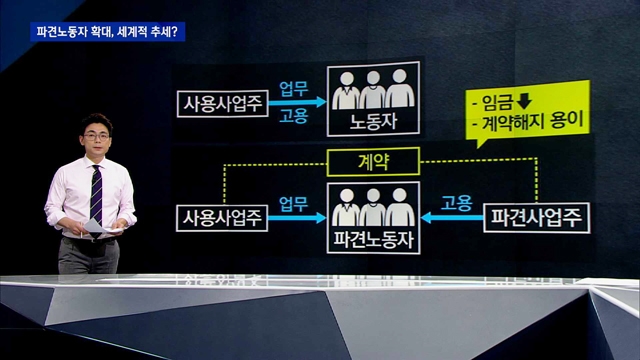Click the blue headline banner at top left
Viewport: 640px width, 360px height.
[108, 32]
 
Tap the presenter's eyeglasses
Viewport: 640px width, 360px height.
[96, 136]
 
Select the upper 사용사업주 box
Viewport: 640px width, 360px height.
[222, 104]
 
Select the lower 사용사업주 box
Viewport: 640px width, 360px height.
[222, 218]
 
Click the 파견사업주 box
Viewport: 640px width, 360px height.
[536, 218]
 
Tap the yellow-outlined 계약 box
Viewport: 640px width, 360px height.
[373, 162]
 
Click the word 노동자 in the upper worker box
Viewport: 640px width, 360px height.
[373, 122]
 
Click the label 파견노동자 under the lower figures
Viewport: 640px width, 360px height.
[373, 239]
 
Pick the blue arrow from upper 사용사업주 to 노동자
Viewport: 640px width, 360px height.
[297, 102]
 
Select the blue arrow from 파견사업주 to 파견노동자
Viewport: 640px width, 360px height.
[452, 218]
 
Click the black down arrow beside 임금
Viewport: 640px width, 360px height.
[524, 101]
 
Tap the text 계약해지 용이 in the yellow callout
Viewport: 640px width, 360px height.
[533, 121]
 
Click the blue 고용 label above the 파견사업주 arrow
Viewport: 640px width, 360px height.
[456, 203]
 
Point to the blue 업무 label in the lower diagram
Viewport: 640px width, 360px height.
[293, 204]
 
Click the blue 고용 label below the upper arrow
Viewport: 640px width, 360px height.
[293, 116]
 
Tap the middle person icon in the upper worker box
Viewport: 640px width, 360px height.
[373, 90]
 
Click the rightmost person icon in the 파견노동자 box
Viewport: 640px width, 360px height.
[400, 207]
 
